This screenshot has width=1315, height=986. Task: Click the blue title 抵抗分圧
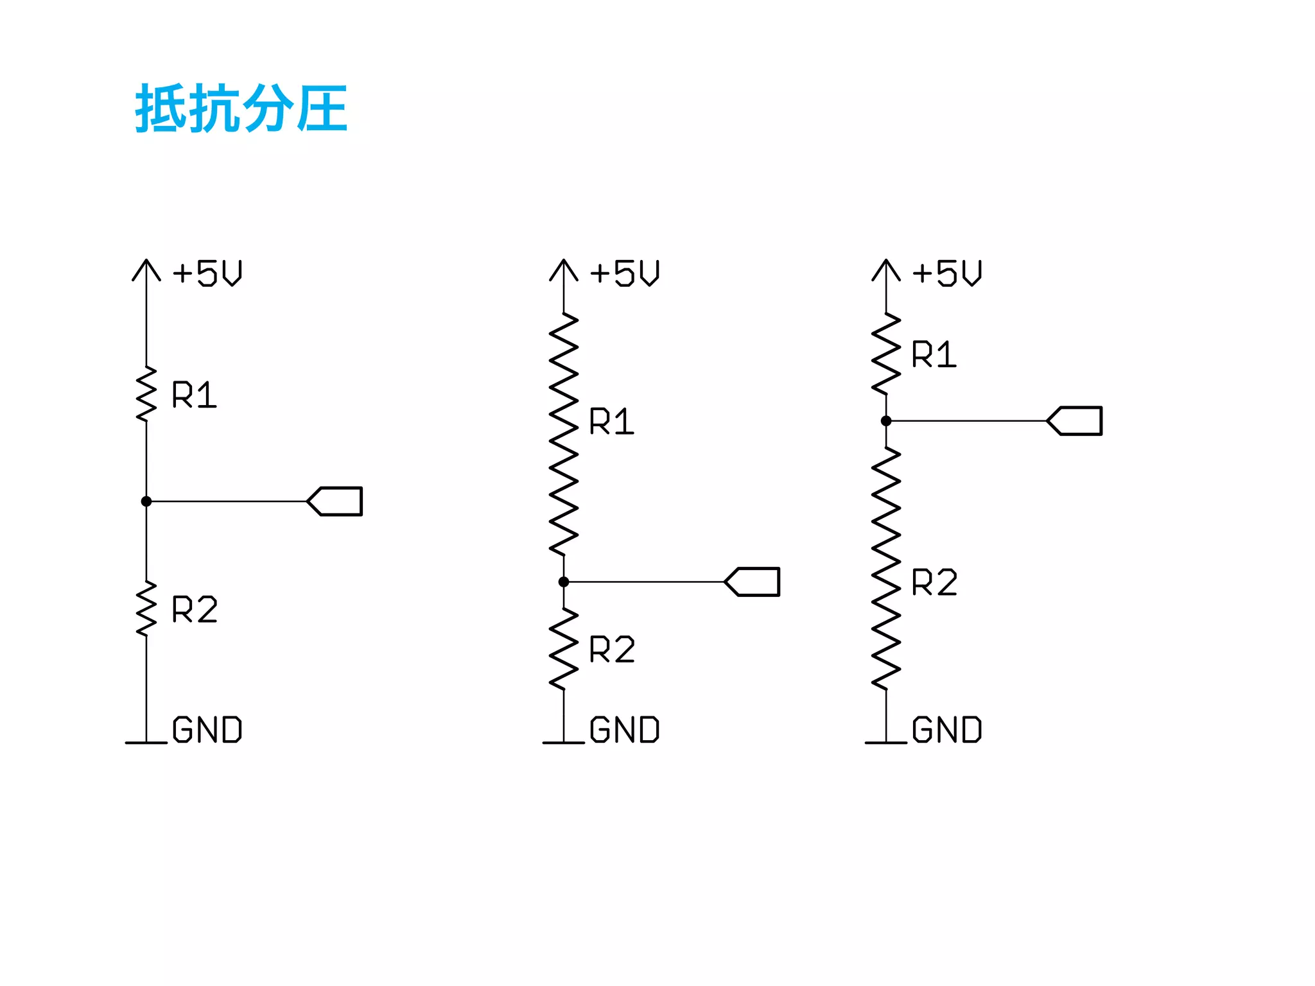(x=241, y=108)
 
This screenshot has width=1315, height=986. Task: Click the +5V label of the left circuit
(x=207, y=273)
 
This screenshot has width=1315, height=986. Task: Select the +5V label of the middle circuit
(x=625, y=273)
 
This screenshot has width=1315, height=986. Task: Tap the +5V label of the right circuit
(x=947, y=273)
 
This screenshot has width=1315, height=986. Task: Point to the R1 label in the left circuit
(x=194, y=395)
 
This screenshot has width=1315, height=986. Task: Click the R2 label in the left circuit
(x=195, y=609)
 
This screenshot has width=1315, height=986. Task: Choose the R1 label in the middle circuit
(x=611, y=422)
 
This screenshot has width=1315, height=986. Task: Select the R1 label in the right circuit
(x=934, y=354)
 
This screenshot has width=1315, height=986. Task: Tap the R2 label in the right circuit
(x=934, y=583)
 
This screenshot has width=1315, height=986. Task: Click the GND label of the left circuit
(x=207, y=730)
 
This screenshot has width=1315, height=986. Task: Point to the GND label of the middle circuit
(x=625, y=730)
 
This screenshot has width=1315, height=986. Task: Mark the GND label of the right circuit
(x=947, y=730)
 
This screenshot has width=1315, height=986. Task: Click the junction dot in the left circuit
(x=146, y=501)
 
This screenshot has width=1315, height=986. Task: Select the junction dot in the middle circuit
(x=564, y=582)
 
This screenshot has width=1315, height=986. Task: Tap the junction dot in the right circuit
(x=886, y=421)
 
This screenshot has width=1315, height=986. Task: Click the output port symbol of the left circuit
(x=336, y=501)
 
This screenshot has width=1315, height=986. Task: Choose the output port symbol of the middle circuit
(x=753, y=582)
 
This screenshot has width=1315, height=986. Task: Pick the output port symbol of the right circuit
(x=1076, y=421)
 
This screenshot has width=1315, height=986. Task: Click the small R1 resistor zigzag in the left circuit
(x=146, y=394)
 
